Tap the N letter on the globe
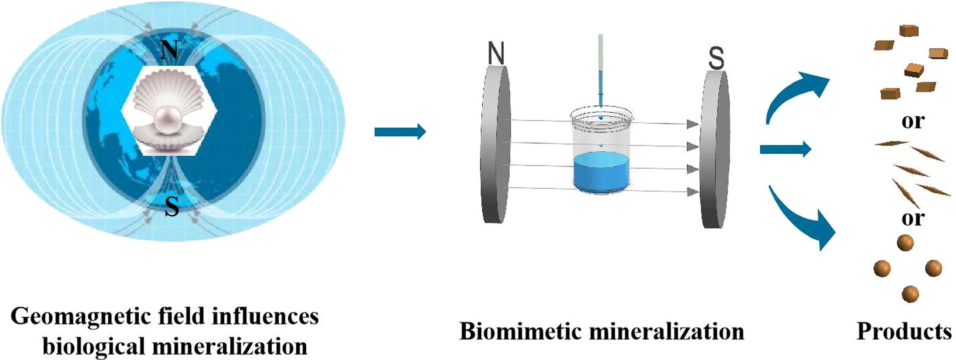(169, 50)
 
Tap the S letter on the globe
(172, 207)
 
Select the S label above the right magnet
(716, 59)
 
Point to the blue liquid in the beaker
(601, 173)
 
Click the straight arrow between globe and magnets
(400, 131)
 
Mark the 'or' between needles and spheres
(912, 219)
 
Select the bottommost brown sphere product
(910, 294)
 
